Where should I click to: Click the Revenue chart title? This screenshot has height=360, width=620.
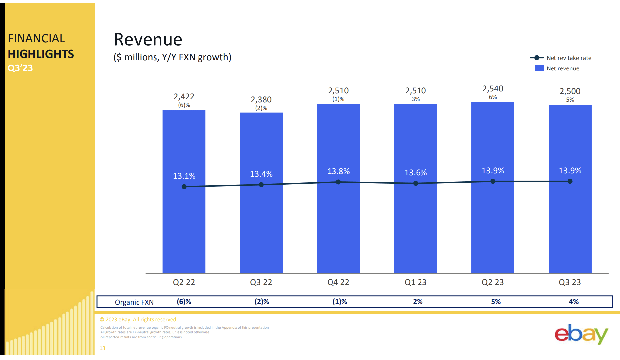click(x=148, y=40)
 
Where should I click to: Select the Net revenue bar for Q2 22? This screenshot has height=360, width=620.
click(x=184, y=225)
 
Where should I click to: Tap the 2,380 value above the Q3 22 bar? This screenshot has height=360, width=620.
click(x=261, y=99)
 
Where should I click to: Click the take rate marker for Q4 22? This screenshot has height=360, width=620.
click(x=338, y=182)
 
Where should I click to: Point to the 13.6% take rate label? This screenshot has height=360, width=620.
click(x=416, y=172)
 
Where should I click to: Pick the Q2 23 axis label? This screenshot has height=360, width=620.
click(x=492, y=282)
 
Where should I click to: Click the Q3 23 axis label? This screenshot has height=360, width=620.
click(x=570, y=282)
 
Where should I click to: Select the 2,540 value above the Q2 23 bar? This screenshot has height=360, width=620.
click(x=493, y=89)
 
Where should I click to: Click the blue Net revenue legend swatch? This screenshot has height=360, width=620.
click(x=539, y=68)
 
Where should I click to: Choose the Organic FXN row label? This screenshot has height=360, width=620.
click(x=134, y=302)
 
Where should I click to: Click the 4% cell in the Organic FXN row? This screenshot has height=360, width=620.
click(x=574, y=302)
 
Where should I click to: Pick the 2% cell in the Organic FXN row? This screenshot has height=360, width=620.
click(x=418, y=302)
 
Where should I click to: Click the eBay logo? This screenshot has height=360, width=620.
click(x=581, y=334)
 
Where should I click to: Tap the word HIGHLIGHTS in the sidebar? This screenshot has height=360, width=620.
click(x=41, y=54)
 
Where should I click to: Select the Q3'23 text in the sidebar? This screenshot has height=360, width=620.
click(x=20, y=68)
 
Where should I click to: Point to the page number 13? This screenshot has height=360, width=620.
click(x=102, y=348)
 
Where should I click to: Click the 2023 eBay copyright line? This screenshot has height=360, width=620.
click(x=139, y=319)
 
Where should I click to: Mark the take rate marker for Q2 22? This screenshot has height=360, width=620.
click(x=184, y=187)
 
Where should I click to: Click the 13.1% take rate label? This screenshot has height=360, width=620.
click(x=184, y=176)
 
